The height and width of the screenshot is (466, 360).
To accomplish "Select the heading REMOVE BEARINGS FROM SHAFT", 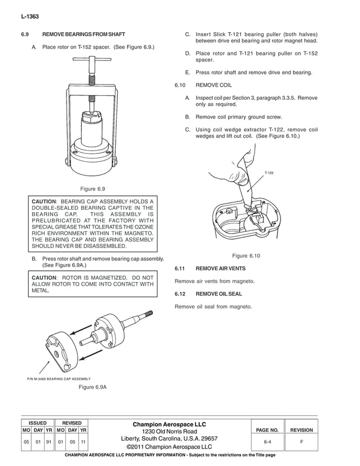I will (x=84, y=34).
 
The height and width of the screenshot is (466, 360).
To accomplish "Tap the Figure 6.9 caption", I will (x=93, y=188).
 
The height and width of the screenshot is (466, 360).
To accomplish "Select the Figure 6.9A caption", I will (x=93, y=386).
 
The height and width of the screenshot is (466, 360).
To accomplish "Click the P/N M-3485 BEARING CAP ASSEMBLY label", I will (x=59, y=378).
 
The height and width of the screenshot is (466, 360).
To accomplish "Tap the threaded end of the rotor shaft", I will (x=150, y=314).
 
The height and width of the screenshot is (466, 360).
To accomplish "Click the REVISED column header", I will (x=72, y=423).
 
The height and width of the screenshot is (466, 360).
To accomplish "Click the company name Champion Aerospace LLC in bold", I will (x=169, y=424).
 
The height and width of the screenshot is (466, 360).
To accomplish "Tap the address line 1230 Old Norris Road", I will (x=169, y=432).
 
